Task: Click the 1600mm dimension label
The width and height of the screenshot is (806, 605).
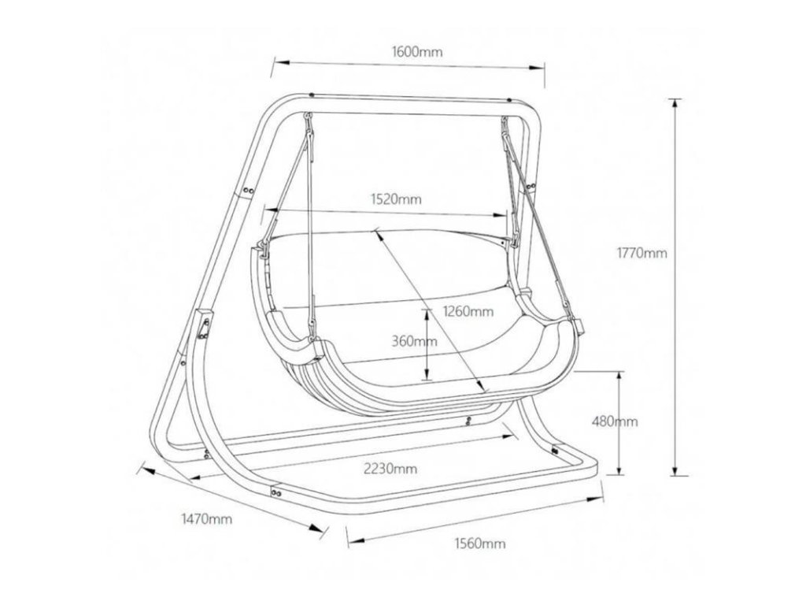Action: [416, 52]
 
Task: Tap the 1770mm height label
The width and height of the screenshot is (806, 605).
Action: [642, 253]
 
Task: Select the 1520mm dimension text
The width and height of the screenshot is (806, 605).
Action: [397, 199]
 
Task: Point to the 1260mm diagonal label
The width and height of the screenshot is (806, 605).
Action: [468, 310]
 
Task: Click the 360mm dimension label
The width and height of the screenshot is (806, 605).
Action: [414, 341]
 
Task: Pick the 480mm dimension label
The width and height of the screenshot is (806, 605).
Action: [615, 421]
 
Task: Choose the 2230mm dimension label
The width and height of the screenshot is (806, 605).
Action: [390, 469]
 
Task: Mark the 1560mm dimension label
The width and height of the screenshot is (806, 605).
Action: [480, 544]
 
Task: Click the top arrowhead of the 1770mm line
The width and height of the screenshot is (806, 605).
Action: [675, 102]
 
